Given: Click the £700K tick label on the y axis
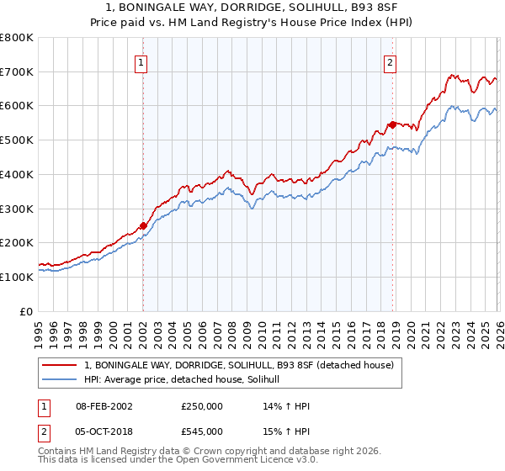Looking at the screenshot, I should pos(17,71).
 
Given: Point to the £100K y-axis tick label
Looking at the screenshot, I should pos(17,277).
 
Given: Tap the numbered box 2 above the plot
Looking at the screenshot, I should pos(391,61).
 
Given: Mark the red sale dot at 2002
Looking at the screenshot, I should pos(143,225).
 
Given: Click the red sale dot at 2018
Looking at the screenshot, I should pos(391,124).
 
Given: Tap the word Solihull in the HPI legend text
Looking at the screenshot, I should pos(271,380).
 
